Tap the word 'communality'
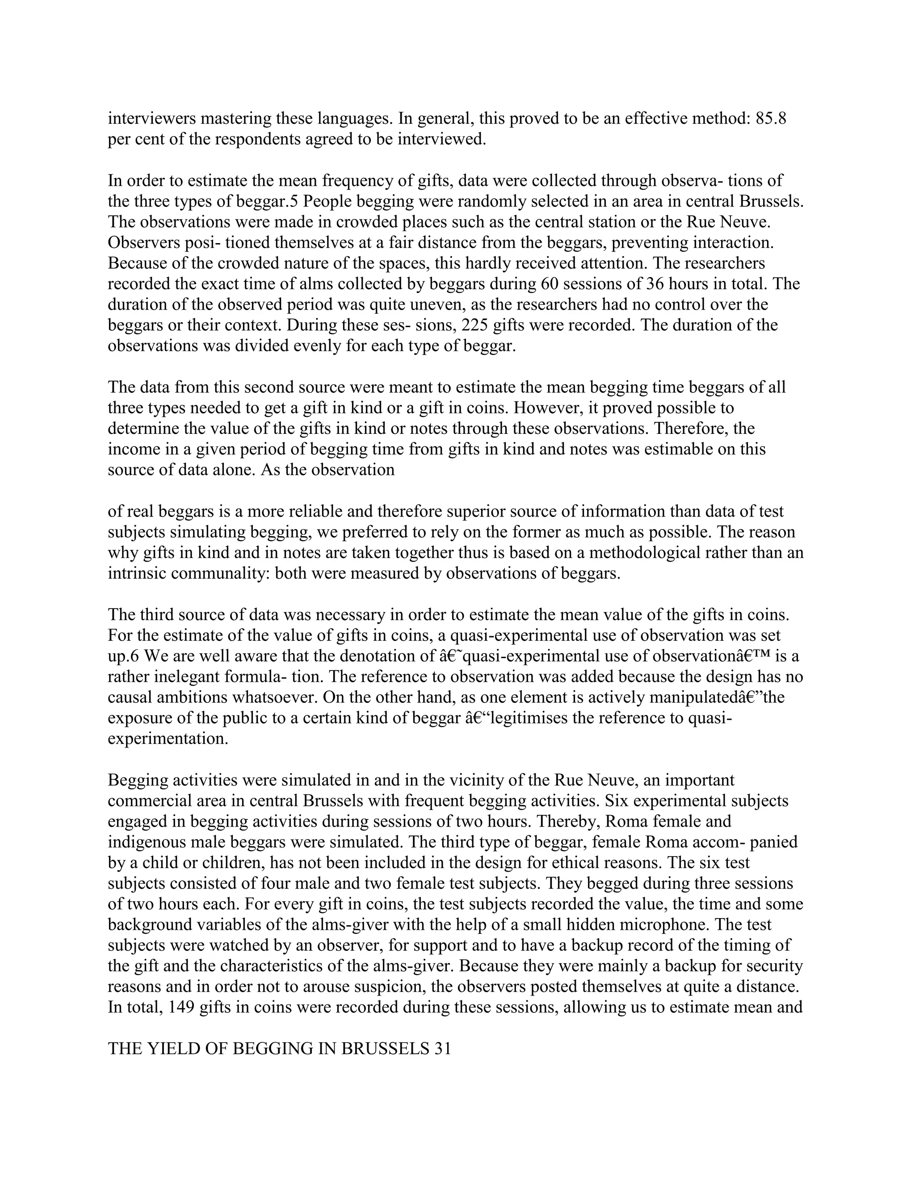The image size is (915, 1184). tap(223, 574)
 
